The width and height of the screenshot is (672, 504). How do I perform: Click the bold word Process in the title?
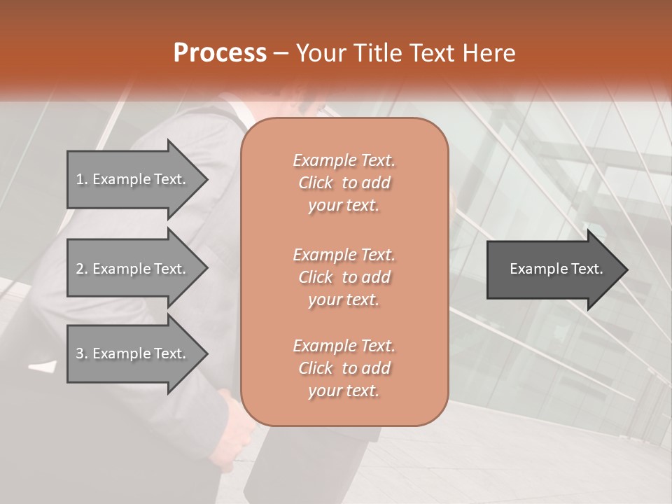coord(220,53)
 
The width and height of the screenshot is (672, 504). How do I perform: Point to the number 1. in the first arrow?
coord(81,179)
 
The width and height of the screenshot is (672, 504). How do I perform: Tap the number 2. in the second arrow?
coord(81,269)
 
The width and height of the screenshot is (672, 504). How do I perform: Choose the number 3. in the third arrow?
coord(81,353)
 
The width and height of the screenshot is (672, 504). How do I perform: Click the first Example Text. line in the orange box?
coord(344,160)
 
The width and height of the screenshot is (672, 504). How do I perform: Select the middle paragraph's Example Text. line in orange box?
coord(344,254)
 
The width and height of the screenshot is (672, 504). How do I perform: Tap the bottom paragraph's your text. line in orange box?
coord(344,391)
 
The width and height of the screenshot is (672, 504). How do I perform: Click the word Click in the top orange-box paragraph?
coord(316,183)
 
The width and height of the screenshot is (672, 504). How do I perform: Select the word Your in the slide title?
coord(318,53)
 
